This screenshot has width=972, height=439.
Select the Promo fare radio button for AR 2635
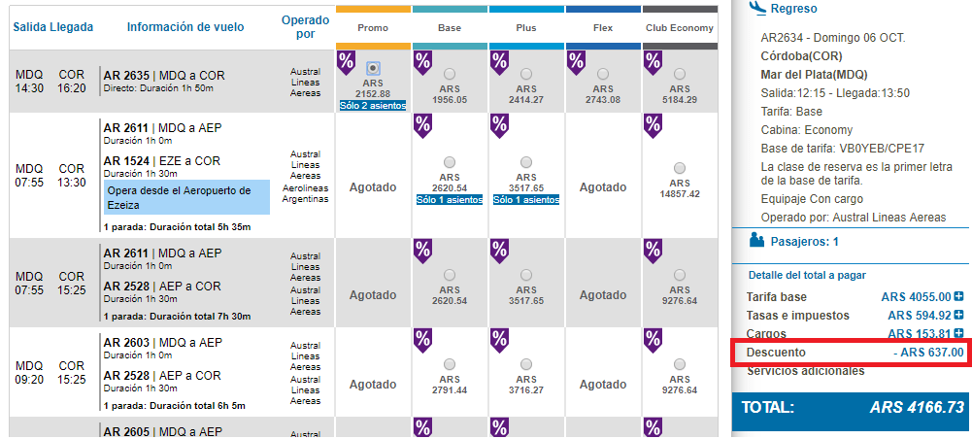pos(373,68)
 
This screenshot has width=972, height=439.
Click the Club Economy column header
pos(680,28)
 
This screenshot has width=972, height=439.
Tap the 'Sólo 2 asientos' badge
pos(373,106)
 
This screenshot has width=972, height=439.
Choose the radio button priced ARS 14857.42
pos(680,167)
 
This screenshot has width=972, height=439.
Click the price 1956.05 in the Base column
pos(450,99)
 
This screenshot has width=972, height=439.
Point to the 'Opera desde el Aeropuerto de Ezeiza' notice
pos(187,197)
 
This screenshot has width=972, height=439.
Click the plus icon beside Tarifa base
pos(959,296)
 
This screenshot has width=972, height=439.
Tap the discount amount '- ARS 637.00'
pos(928,353)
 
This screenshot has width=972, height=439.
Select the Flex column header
pos(603,28)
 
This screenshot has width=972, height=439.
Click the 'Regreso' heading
pos(793,9)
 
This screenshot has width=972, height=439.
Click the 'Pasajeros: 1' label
pos(804,241)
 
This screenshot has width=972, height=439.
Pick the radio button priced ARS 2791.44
pos(450,363)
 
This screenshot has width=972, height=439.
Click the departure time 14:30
pos(29,88)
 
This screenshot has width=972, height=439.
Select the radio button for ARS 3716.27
pos(526,363)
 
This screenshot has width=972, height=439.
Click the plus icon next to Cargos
pos(959,333)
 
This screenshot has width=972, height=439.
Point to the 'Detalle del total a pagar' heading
pos(807,275)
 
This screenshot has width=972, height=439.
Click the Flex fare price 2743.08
pos(603,99)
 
